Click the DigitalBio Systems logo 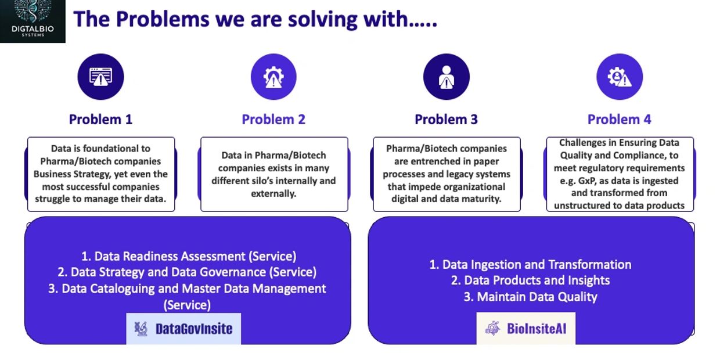tap(33, 21)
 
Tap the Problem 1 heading tap(100, 120)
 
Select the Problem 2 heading tap(273, 120)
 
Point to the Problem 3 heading tap(446, 120)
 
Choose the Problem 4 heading tap(620, 120)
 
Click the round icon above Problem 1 tap(100, 77)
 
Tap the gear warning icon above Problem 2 tap(273, 77)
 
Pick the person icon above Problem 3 tap(447, 77)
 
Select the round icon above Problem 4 tap(620, 77)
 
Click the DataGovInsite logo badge tap(183, 329)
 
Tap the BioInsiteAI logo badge tap(526, 328)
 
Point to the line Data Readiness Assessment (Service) tap(189, 256)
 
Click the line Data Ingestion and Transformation tap(530, 265)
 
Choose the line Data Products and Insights tap(530, 280)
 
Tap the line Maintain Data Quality tap(530, 297)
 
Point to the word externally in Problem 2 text tap(273, 194)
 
